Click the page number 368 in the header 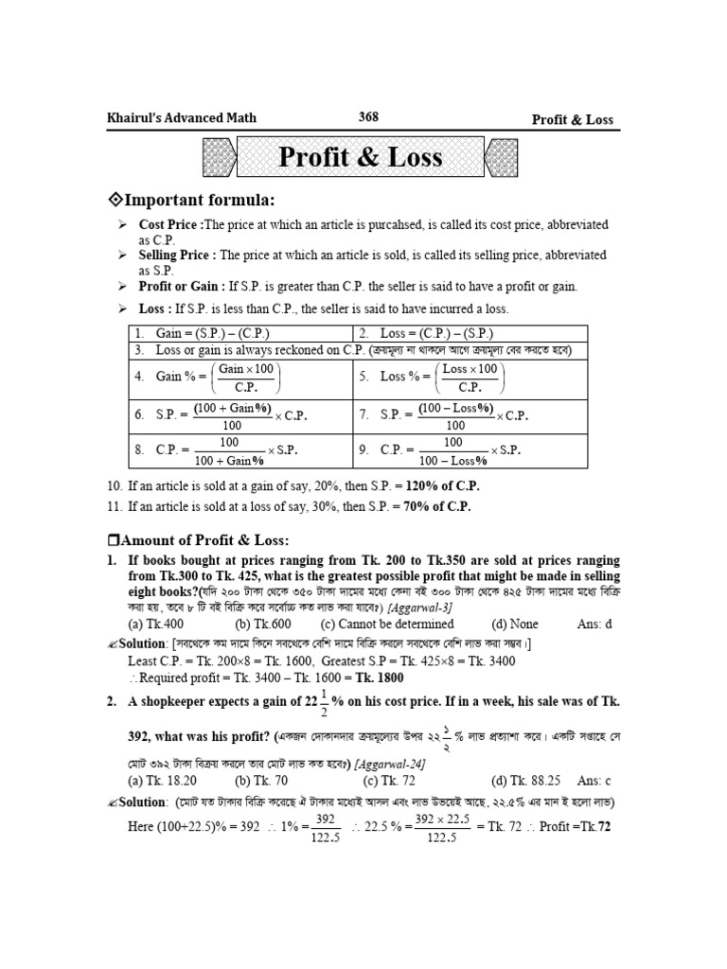(368, 117)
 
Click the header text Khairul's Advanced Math (184, 118)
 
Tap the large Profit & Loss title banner (361, 157)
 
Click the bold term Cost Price (169, 225)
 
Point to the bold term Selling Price (177, 255)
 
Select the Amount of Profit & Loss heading (192, 540)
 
